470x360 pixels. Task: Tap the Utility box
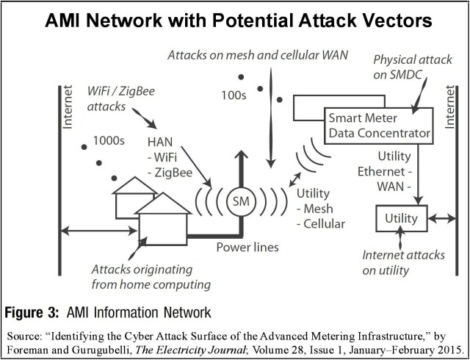(x=401, y=218)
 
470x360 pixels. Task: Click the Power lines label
(x=247, y=247)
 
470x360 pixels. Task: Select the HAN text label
(x=161, y=141)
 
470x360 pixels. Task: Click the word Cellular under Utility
(x=322, y=224)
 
